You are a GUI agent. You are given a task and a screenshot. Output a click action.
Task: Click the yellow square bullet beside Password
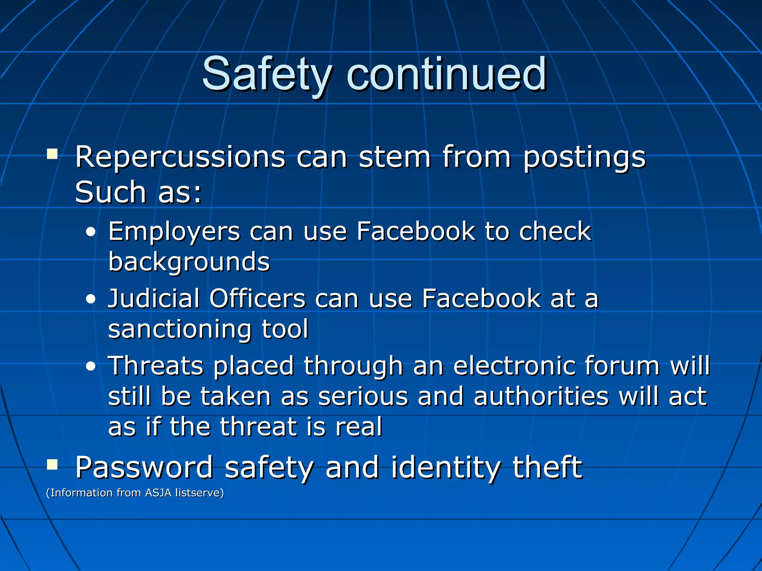(x=52, y=464)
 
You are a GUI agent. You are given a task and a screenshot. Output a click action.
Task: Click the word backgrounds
(x=189, y=261)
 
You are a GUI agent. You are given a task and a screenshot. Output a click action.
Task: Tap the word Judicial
(x=154, y=299)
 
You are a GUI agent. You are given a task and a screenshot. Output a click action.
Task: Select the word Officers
(x=257, y=299)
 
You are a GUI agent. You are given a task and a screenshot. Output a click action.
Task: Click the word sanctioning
(x=179, y=329)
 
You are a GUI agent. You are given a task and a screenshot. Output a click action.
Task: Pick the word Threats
(x=156, y=366)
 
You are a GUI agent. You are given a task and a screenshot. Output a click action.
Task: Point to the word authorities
(x=541, y=396)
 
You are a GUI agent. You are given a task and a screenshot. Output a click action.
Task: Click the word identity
(x=445, y=468)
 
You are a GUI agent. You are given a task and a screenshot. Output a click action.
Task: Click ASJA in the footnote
(x=158, y=493)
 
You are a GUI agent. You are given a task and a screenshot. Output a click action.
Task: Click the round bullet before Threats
(x=90, y=367)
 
